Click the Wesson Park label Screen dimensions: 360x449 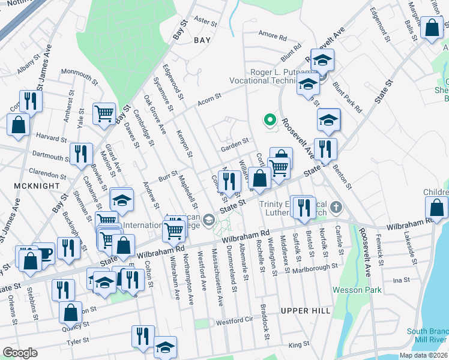(357, 290)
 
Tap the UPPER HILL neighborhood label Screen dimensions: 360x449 (305, 311)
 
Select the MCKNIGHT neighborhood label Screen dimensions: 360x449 (26, 187)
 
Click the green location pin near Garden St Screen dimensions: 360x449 (270, 121)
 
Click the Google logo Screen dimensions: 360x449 (20, 353)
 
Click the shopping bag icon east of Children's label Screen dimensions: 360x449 (437, 208)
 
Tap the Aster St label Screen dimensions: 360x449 (205, 21)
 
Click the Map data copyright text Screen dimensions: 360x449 (421, 355)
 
